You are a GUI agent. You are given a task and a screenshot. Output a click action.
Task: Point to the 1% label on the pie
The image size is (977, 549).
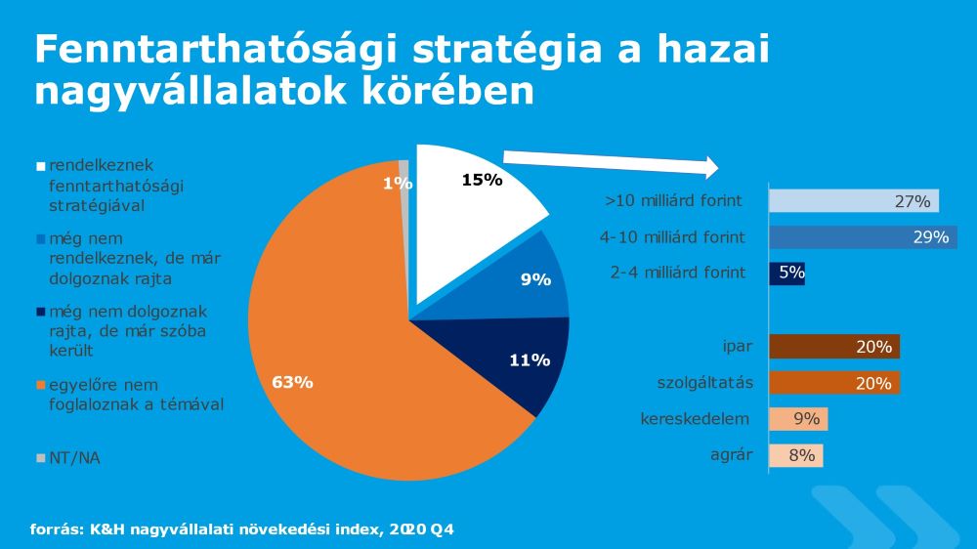[398, 184]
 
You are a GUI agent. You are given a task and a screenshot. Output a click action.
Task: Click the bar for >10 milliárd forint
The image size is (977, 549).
[854, 200]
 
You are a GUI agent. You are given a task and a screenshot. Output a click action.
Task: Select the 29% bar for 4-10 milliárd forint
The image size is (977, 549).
[863, 237]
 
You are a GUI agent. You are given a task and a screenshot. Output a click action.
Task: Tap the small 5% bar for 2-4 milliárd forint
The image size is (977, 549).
[786, 274]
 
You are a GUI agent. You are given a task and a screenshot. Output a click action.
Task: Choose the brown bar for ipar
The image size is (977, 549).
[834, 347]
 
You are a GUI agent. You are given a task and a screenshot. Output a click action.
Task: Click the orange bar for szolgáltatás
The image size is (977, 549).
[834, 383]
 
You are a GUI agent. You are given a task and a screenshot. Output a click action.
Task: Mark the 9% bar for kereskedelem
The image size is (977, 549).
[798, 419]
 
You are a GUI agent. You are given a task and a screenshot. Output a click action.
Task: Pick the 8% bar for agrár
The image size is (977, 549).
[795, 455]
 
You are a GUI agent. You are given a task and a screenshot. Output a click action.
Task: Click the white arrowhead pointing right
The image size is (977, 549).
[710, 167]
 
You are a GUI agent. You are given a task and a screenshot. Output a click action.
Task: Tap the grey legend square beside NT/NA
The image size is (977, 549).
[41, 459]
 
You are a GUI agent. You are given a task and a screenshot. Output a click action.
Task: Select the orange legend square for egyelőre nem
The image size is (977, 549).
[41, 385]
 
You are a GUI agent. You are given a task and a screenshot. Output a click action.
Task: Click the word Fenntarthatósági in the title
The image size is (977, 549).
[216, 49]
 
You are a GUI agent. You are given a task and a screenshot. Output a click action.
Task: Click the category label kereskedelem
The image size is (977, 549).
[695, 419]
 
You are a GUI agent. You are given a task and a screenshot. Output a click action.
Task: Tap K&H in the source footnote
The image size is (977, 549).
[107, 529]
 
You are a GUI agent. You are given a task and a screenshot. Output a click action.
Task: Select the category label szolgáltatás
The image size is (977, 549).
[704, 383]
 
